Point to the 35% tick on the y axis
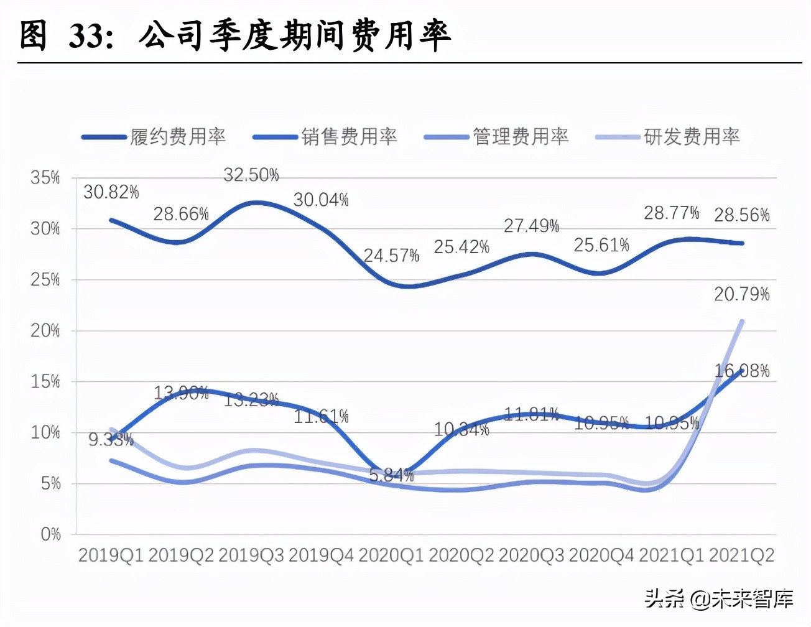[x=45, y=178]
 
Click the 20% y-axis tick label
[x=45, y=330]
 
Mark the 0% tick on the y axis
[x=50, y=534]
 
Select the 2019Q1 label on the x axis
[x=111, y=555]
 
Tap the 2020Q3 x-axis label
[x=531, y=555]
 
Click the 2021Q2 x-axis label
[x=741, y=555]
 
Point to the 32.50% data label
[x=251, y=175]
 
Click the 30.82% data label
[x=111, y=192]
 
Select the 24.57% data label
[x=391, y=256]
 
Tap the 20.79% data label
[x=741, y=294]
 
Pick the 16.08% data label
[x=741, y=371]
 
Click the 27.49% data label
[x=531, y=226]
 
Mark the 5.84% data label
[x=391, y=476]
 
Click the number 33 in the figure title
[x=85, y=35]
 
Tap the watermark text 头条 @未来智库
[x=718, y=599]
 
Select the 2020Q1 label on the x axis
[x=391, y=555]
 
